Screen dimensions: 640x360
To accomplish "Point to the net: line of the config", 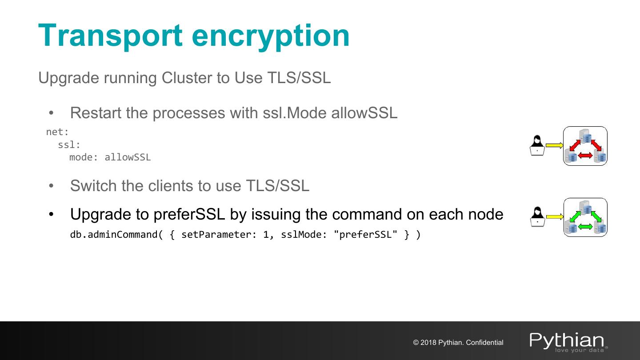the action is click(x=57, y=132).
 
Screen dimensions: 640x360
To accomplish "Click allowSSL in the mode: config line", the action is click(x=128, y=157).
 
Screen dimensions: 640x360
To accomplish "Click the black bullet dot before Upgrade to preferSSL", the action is click(x=51, y=215).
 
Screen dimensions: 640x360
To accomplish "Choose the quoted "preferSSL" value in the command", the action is click(x=368, y=234).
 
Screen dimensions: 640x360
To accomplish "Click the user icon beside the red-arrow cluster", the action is click(x=537, y=145).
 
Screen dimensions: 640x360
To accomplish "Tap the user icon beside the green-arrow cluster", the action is click(x=537, y=217).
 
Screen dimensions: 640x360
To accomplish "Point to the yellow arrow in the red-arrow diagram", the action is click(x=554, y=145).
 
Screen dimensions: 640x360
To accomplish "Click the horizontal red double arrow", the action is click(x=585, y=155).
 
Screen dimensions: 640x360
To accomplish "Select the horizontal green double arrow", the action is click(x=585, y=227).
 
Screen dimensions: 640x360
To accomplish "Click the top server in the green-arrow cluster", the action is click(x=585, y=208).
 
